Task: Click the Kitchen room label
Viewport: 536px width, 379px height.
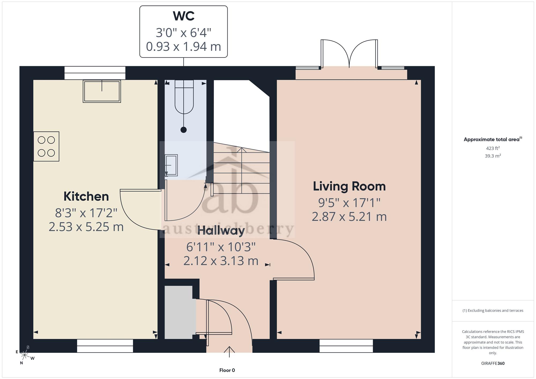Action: pos(86,197)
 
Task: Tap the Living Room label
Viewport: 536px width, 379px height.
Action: pos(349,186)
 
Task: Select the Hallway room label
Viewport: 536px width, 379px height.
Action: pos(221,231)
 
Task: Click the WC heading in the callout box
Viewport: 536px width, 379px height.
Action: pos(184,16)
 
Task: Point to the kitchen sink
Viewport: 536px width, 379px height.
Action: pos(102,91)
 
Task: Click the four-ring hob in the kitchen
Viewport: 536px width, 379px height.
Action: pos(46,146)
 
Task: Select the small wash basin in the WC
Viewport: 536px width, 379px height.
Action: pos(171,165)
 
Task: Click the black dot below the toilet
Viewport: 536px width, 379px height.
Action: pos(184,130)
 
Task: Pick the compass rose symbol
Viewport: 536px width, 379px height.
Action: pos(25,355)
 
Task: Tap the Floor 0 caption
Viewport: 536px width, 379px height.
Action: pos(227,370)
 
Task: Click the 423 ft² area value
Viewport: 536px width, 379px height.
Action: pos(493,148)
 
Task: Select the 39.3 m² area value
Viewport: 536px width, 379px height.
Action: pos(493,156)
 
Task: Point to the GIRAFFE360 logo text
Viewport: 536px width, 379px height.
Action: pos(493,363)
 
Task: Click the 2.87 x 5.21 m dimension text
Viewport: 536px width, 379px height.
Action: pos(349,216)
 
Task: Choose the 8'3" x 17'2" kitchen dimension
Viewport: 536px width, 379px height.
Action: pos(86,213)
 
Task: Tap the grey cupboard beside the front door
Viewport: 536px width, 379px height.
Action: pos(178,312)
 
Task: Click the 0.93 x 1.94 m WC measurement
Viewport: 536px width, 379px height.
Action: pos(184,47)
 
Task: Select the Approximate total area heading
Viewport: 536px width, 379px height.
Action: pos(493,139)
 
